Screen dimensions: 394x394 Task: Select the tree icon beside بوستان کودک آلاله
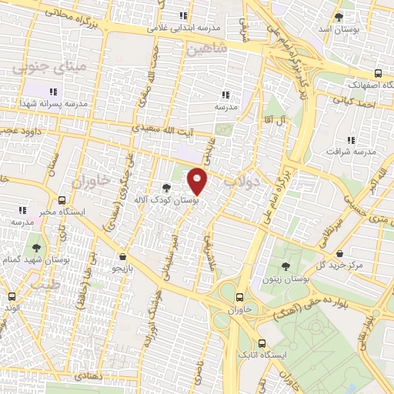[167, 187]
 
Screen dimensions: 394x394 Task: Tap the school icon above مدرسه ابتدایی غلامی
[183, 15]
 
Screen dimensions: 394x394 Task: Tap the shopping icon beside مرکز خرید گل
[341, 252]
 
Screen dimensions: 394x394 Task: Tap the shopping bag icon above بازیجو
[123, 256]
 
